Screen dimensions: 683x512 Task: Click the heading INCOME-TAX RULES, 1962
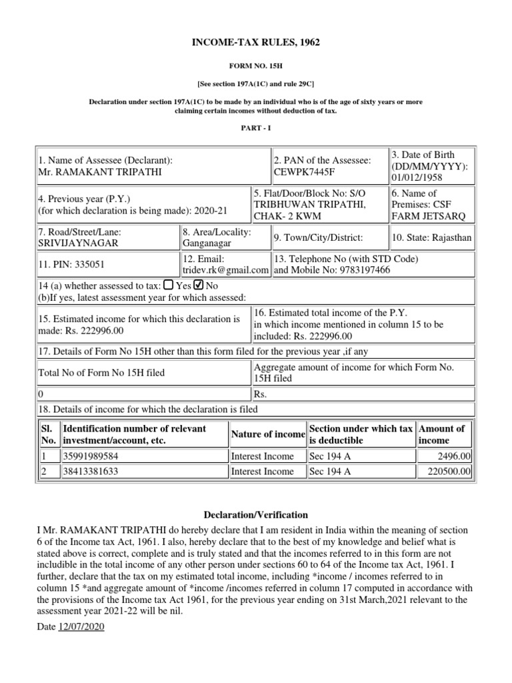tap(256, 43)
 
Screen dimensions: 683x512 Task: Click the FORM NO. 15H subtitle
tap(256, 68)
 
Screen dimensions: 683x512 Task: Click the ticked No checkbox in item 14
tap(197, 285)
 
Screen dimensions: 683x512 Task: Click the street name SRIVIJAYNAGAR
tap(75, 243)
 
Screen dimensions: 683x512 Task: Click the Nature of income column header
tap(267, 434)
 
